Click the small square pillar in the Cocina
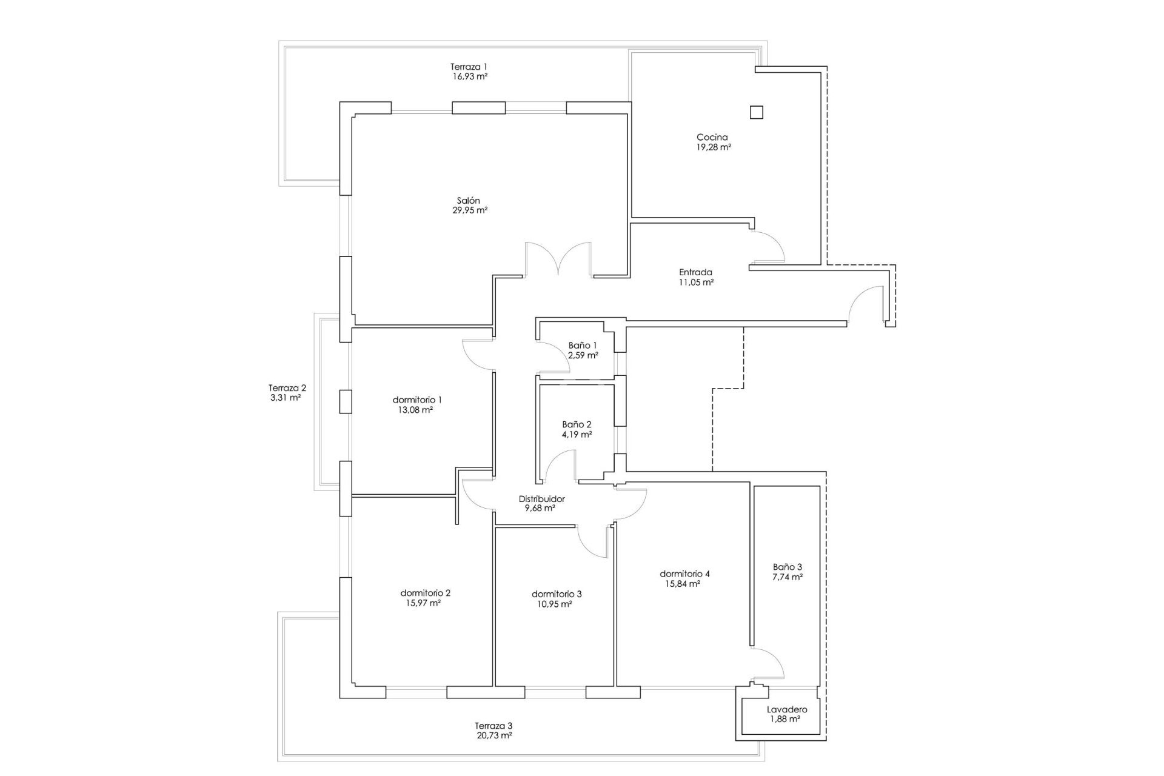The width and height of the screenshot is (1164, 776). coord(756,112)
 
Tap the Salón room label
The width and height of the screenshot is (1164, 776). coord(468,201)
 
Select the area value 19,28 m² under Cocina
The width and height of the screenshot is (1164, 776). coord(713,147)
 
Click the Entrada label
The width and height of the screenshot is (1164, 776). coord(695,272)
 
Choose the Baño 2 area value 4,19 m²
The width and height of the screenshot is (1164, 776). coord(577,435)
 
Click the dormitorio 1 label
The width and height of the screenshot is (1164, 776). coord(417,400)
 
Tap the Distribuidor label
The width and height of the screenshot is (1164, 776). coord(541,499)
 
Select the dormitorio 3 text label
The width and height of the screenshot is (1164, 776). coord(557,594)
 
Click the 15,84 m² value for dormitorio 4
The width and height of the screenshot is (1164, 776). coord(683,584)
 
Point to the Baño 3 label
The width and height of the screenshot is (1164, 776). coord(788,567)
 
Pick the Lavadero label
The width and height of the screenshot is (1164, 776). coord(787,709)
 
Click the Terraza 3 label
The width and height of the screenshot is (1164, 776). coord(493,726)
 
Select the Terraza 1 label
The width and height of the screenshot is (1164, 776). coord(469,67)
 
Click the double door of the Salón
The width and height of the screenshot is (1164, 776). coord(558,259)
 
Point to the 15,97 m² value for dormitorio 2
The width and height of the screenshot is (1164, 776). coord(423,603)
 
